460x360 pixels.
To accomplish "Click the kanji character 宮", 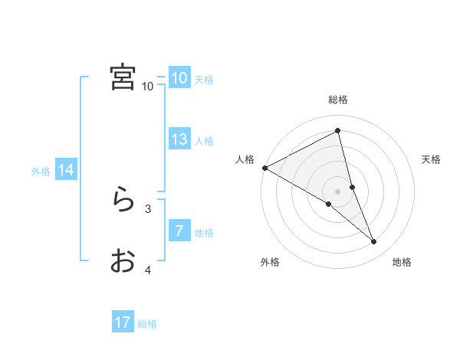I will pyautogui.click(x=123, y=77).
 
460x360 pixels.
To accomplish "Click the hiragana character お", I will pyautogui.click(x=123, y=261).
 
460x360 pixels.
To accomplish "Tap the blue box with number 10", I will pyautogui.click(x=179, y=78).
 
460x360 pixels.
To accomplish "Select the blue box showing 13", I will pyautogui.click(x=179, y=139).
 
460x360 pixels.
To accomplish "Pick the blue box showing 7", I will pyautogui.click(x=179, y=231).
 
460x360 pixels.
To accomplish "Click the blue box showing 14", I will pyautogui.click(x=66, y=170).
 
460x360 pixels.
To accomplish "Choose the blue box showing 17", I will pyautogui.click(x=123, y=322).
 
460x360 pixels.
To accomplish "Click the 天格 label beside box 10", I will pyautogui.click(x=203, y=80).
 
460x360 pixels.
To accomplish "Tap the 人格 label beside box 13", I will pyautogui.click(x=203, y=141).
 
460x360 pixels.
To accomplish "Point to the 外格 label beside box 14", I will pyautogui.click(x=41, y=172).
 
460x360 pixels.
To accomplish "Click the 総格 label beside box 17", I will pyautogui.click(x=147, y=324).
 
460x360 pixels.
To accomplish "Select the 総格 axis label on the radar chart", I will pyautogui.click(x=337, y=100).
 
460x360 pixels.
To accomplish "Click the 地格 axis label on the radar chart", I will pyautogui.click(x=402, y=262).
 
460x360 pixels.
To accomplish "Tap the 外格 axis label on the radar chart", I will pyautogui.click(x=270, y=262).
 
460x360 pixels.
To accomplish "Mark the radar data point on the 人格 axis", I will pyautogui.click(x=264, y=168).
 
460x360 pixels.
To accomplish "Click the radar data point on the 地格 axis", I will pyautogui.click(x=374, y=242).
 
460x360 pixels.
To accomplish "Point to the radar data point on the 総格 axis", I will pyautogui.click(x=337, y=131).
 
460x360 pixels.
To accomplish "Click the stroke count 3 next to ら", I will pyautogui.click(x=148, y=208).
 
